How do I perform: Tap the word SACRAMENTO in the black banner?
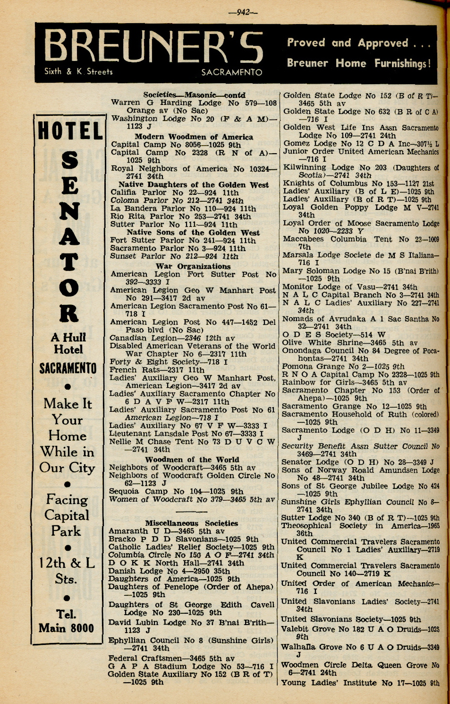click(x=231, y=72)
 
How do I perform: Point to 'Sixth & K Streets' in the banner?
click(x=78, y=72)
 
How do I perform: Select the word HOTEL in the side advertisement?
click(x=69, y=130)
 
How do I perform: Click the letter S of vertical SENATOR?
click(x=69, y=161)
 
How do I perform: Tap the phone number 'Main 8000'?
click(x=66, y=628)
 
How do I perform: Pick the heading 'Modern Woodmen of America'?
click(x=194, y=137)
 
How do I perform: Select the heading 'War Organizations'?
click(x=193, y=266)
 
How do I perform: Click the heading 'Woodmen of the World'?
click(x=192, y=460)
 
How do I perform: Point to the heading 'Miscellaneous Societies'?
click(x=191, y=523)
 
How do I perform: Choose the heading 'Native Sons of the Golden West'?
click(x=193, y=233)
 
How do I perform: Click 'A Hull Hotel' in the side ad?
click(x=68, y=343)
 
